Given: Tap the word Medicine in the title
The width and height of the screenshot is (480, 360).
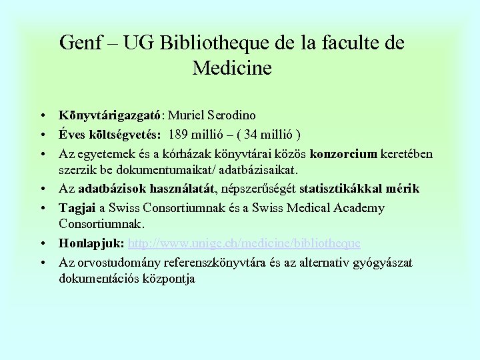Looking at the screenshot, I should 231,68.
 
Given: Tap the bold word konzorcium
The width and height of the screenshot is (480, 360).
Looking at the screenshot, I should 344,154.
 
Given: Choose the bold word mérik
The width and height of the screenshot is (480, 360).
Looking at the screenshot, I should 405,189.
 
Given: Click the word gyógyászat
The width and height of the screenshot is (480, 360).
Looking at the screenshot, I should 382,263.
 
